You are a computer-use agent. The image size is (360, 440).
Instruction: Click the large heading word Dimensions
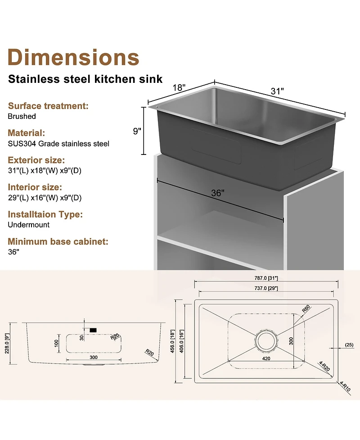pos(74,58)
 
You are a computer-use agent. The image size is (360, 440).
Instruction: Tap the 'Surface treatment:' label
pos(48,106)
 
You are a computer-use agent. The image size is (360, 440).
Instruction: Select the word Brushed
pos(22,116)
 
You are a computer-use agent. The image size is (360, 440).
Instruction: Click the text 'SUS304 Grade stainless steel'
pos(58,144)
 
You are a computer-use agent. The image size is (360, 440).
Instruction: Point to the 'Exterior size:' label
pos(36,160)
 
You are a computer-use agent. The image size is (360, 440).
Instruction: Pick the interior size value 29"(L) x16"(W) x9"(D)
pos(45,198)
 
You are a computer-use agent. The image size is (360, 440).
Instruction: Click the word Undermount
pos(29,224)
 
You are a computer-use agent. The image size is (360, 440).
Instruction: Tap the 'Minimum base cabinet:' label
pos(58,242)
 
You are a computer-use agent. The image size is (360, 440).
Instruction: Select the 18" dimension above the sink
pos(179,87)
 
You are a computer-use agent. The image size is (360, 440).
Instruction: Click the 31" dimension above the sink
pos(277,91)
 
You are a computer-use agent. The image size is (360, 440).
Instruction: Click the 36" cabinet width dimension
pos(218,193)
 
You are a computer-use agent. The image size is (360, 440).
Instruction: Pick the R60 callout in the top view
pos(306,308)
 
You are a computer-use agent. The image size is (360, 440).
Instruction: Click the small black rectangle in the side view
pos(93,331)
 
